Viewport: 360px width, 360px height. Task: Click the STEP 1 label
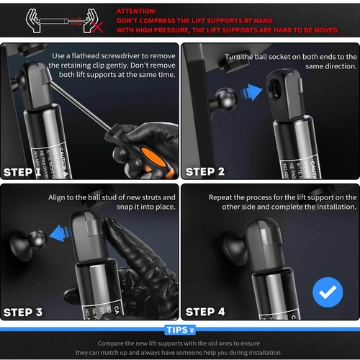click(x=28, y=172)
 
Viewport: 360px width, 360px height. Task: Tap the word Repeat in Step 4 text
click(x=222, y=197)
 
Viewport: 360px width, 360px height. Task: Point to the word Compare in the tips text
click(x=115, y=343)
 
